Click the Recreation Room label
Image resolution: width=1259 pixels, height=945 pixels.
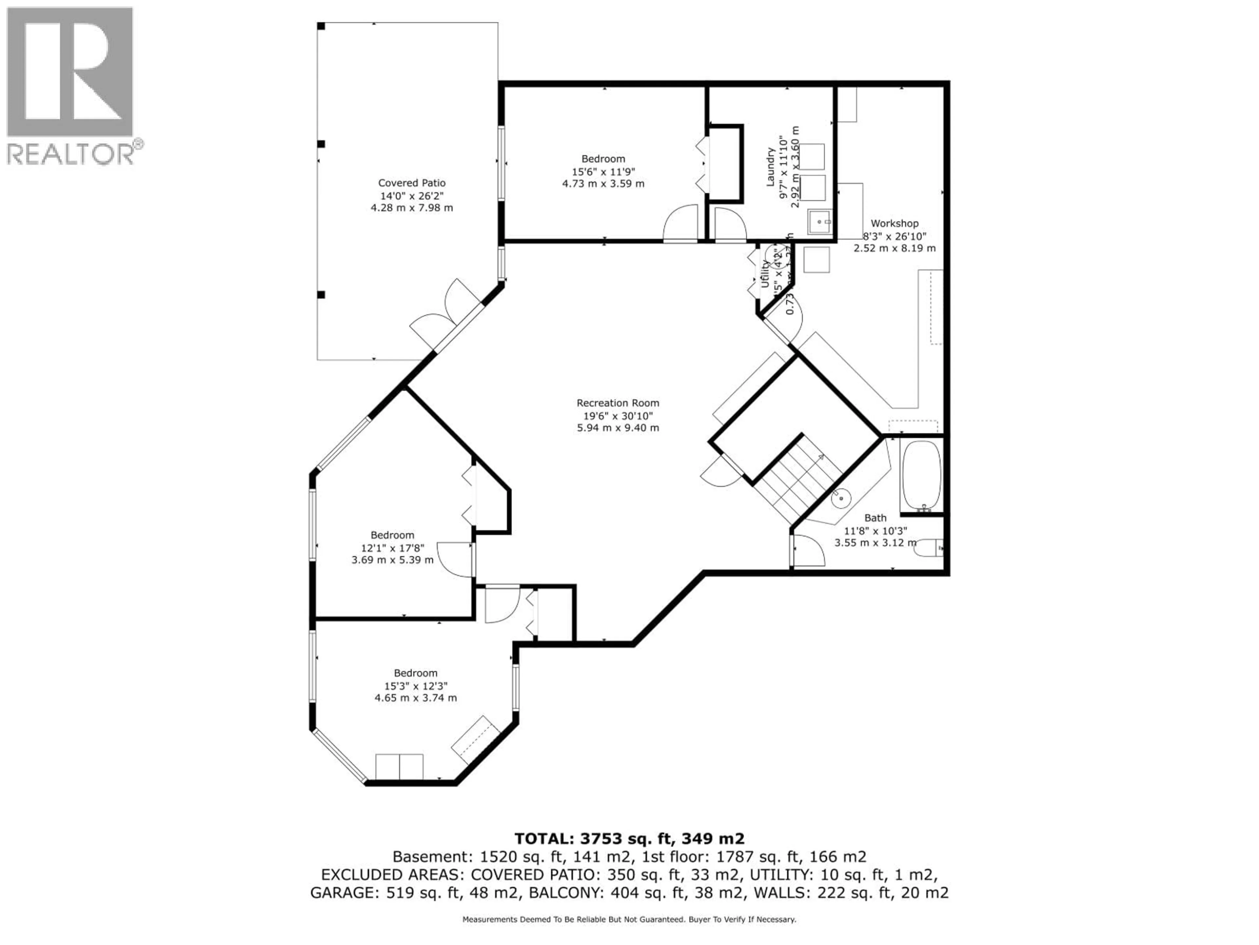[618, 403]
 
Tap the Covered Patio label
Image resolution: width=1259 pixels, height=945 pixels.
[411, 183]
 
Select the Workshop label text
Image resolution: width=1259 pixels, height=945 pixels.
[894, 223]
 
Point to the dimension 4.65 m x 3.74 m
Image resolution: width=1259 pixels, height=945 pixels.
[415, 698]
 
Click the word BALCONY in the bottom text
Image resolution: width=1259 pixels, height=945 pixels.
[566, 892]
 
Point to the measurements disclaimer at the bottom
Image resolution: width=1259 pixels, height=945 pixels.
[629, 919]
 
